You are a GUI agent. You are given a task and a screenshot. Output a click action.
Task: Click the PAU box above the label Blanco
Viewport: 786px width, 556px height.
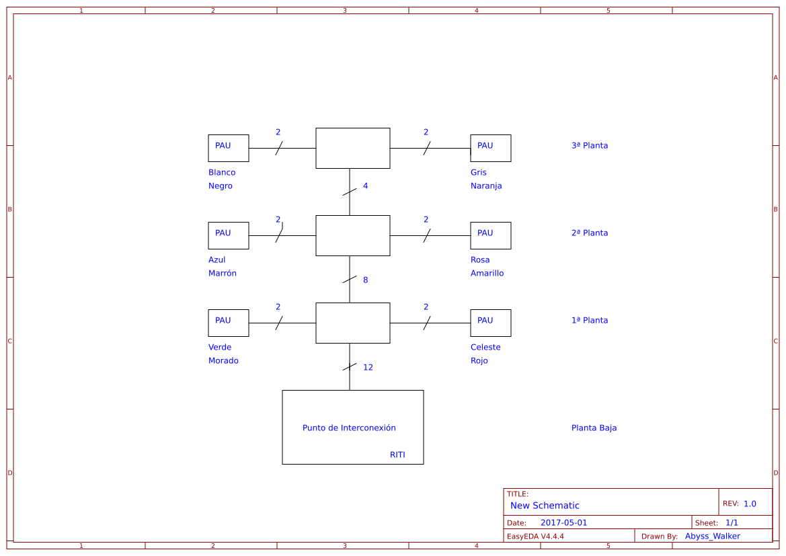click(229, 148)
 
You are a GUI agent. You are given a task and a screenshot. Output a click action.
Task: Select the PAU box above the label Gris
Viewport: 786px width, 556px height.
click(491, 148)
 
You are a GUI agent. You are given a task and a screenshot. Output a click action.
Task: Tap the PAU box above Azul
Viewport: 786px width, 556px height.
click(229, 235)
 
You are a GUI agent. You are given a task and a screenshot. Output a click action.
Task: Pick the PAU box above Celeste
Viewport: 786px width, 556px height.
click(491, 323)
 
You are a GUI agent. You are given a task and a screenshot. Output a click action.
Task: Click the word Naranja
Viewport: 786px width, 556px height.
click(486, 186)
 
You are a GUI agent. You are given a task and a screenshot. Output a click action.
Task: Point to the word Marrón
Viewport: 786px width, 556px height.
click(223, 274)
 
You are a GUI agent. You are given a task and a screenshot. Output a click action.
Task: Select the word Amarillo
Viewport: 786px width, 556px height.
click(487, 274)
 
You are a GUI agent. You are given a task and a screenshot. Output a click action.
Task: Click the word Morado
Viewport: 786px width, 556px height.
click(223, 361)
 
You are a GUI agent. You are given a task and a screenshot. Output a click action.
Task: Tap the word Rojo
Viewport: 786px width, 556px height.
click(479, 361)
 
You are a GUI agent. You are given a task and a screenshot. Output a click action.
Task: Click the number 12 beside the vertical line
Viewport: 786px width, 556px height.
click(368, 368)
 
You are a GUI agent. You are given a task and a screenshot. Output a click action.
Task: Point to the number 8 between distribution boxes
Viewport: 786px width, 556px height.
click(366, 280)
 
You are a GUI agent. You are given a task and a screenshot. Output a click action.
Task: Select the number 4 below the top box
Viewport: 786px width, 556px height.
click(366, 186)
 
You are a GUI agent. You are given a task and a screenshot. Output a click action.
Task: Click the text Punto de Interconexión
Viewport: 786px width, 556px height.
click(349, 428)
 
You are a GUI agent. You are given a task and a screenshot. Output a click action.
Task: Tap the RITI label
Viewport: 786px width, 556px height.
click(397, 455)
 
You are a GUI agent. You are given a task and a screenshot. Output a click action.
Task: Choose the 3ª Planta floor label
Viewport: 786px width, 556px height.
click(590, 146)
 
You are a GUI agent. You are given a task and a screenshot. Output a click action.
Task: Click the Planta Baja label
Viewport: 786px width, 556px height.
click(594, 428)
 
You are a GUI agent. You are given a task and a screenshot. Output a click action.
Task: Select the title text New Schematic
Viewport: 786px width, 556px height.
click(545, 506)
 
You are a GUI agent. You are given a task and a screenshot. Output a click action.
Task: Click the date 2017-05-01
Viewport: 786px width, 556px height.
click(563, 523)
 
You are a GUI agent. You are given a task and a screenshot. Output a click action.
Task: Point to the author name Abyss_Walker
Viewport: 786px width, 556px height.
click(713, 537)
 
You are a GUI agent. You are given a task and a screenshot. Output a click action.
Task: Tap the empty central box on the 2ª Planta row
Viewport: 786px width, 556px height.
click(353, 235)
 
